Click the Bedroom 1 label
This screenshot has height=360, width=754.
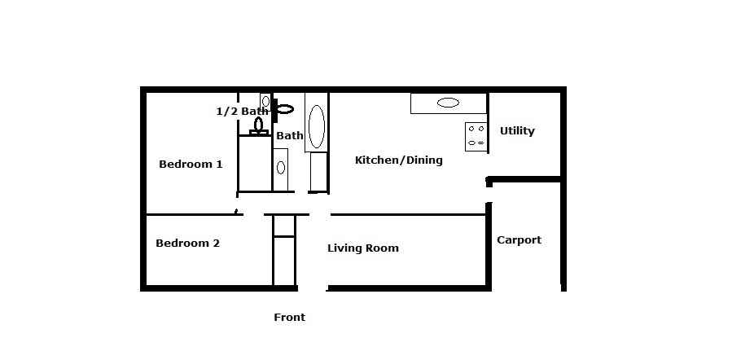191,165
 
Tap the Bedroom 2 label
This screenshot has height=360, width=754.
187,243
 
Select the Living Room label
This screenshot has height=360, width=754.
363,248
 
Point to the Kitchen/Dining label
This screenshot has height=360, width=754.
399,160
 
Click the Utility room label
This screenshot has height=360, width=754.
517,131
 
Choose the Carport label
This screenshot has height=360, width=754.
519,240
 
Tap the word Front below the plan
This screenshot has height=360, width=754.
289,318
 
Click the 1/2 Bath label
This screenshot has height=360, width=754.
242,112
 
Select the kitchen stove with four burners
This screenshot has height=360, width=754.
476,136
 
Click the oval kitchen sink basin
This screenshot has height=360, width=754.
448,103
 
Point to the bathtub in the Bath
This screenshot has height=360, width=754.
316,125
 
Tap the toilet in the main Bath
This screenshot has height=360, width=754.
284,108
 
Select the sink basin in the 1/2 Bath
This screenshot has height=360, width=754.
265,102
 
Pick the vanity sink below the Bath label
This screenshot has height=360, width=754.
281,168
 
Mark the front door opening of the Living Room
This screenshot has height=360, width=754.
313,288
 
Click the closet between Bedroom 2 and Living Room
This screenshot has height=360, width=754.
283,250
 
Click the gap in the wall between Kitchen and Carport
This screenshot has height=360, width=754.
489,193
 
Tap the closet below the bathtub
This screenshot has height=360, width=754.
318,173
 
